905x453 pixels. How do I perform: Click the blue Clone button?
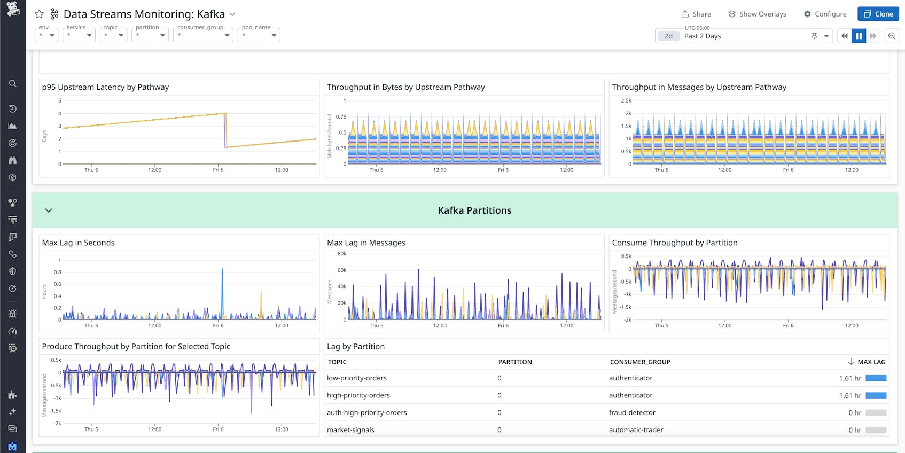(878, 14)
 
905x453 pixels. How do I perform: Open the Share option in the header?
(696, 14)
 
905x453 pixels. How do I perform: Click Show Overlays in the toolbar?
(757, 14)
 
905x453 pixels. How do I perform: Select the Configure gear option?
(825, 14)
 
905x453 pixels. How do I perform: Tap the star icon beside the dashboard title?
(39, 14)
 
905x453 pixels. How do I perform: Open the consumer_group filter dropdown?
(203, 35)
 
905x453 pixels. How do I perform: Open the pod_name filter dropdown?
(259, 35)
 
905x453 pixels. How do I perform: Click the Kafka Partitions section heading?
(474, 210)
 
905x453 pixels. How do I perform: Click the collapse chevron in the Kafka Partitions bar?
(49, 210)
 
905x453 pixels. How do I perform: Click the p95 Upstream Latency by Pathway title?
(105, 87)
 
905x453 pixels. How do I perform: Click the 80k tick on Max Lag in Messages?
(342, 254)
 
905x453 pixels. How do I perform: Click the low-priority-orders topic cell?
(357, 378)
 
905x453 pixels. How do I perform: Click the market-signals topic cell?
(350, 429)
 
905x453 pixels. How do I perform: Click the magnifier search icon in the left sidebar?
(13, 83)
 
